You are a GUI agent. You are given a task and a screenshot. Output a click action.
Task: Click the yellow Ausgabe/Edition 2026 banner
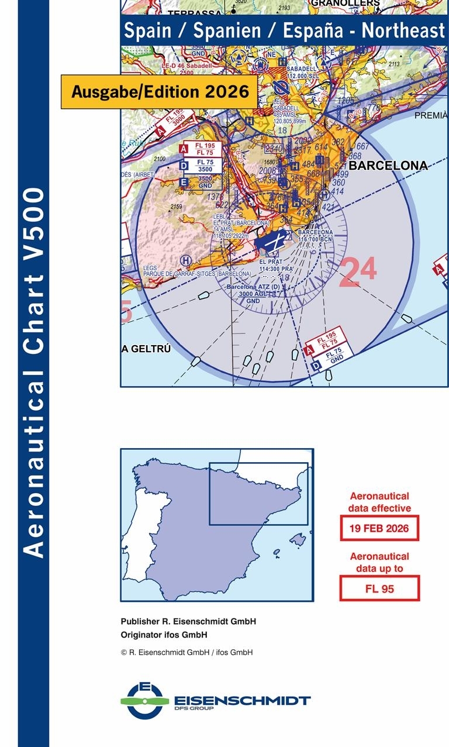159,92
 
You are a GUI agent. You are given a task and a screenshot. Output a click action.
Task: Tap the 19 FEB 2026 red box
379,528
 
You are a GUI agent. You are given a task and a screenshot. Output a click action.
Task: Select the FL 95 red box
379,588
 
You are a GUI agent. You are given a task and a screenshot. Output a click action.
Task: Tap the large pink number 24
357,272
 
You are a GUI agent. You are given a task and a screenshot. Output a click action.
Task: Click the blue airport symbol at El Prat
271,241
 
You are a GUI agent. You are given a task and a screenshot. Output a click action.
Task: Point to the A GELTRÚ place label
146,349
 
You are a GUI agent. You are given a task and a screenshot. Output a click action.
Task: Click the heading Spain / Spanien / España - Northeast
284,30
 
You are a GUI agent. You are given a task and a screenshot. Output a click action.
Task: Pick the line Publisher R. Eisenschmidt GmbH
188,622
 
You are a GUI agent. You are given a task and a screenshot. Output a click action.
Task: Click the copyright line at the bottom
186,652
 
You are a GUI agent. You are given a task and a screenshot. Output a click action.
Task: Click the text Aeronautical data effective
379,502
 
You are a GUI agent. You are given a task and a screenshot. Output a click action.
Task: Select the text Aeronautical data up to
379,562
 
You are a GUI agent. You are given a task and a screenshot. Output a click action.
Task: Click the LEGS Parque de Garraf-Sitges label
197,270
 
